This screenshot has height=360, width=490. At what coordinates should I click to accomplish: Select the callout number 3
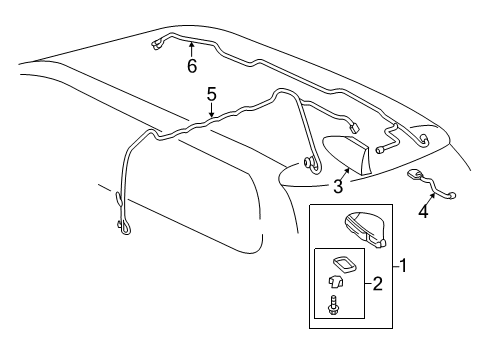(x=338, y=187)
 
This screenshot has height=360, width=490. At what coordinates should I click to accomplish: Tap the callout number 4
(x=424, y=212)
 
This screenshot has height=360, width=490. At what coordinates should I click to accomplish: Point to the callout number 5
(x=211, y=96)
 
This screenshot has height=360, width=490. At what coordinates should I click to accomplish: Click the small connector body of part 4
(x=413, y=176)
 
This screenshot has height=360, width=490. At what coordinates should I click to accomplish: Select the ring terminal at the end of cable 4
(x=453, y=196)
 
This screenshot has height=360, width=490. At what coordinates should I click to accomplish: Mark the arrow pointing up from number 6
(x=192, y=48)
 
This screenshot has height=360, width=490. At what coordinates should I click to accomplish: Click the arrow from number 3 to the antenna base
(x=343, y=174)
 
